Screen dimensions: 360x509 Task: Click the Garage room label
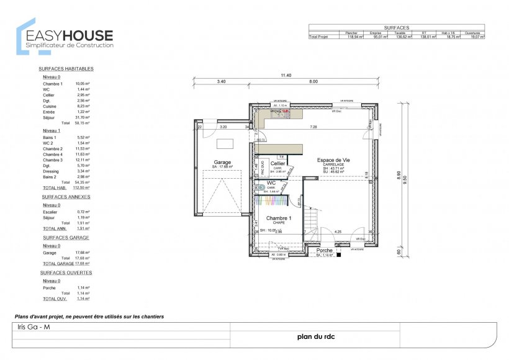[x=222, y=163]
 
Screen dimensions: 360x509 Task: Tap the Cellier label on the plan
[x=277, y=163]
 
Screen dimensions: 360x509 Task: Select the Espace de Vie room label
[x=335, y=160]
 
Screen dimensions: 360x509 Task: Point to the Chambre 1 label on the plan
[x=279, y=218]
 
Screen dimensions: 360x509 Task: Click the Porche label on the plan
[x=325, y=251]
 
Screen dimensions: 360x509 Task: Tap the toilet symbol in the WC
[x=262, y=186]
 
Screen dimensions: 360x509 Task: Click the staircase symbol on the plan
[x=307, y=220]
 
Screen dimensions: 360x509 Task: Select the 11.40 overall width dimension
[x=286, y=75]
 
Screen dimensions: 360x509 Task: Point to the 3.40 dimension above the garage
[x=221, y=81]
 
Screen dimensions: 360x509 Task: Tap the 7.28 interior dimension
[x=314, y=127]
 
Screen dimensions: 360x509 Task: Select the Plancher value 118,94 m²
[x=354, y=37]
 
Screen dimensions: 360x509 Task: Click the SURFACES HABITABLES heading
[x=66, y=69]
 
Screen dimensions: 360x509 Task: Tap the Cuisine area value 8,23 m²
[x=83, y=106]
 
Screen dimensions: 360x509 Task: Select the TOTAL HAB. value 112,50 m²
[x=83, y=187]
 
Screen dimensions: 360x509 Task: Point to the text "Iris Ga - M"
[x=31, y=327]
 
